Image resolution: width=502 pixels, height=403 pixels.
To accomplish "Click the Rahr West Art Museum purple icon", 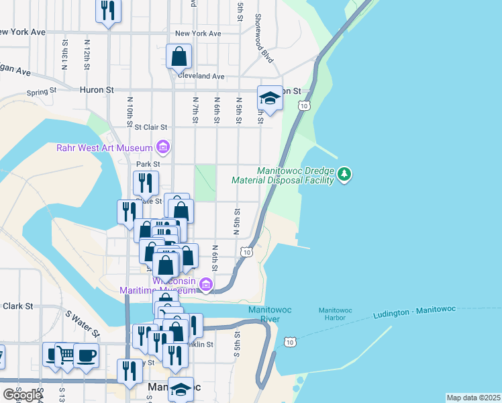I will point(162,146).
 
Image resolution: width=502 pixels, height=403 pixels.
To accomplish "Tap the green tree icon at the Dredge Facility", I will point(344,175).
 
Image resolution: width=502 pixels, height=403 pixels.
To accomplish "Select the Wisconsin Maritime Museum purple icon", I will point(206,285).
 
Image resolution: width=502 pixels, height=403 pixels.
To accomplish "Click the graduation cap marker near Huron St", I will point(270,99).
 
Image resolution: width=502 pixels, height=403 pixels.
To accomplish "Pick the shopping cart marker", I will point(66,354).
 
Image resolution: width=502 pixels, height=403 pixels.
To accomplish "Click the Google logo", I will point(21,395).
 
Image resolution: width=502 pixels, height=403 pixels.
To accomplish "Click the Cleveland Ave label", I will point(201,77).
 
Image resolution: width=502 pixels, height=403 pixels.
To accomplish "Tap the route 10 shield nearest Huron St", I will point(305,105).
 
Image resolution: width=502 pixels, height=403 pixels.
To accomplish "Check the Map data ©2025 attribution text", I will point(473,398).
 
